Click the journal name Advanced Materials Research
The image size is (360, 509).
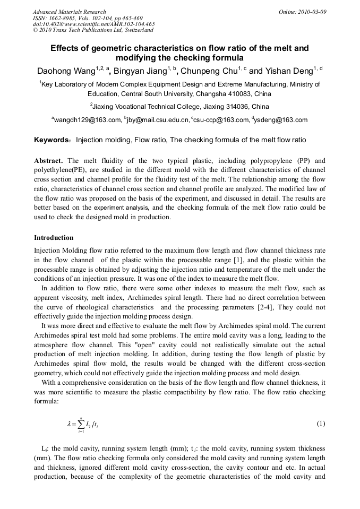pos(69,12)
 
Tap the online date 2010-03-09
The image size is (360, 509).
pos(310,12)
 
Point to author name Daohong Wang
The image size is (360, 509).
pos(67,71)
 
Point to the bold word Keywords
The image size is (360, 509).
pos(52,141)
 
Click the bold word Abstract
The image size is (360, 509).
pos(49,161)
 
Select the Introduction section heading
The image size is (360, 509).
pos(54,238)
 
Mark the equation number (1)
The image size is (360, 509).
pos(321,424)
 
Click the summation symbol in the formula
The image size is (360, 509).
pos(80,424)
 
